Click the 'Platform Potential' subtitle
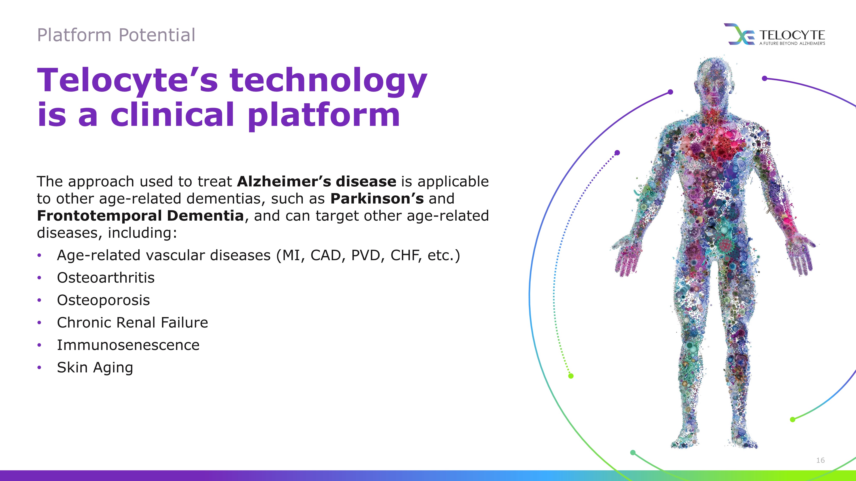coord(116,35)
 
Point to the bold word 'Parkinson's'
coord(377,199)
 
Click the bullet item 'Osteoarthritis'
coord(106,277)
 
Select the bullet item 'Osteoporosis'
coord(103,300)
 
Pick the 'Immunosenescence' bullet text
coord(128,345)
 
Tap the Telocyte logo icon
coord(739,34)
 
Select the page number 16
coord(820,460)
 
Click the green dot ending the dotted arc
coord(571,376)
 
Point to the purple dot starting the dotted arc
coord(617,153)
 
